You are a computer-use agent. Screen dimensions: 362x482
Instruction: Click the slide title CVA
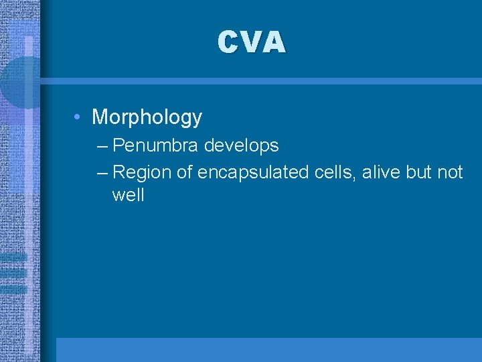pos(251,42)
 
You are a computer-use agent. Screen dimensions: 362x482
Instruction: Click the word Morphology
pos(147,117)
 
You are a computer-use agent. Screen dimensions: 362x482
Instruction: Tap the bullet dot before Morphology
pos(78,118)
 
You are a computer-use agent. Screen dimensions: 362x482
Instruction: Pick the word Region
pos(143,173)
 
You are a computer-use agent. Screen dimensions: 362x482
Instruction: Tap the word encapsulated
pos(254,173)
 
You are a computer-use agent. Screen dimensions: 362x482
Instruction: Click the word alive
pos(378,173)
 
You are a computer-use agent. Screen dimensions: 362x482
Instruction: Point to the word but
pos(419,173)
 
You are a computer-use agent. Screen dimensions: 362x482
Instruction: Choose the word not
pos(450,173)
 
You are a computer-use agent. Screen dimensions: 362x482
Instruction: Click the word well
pos(129,196)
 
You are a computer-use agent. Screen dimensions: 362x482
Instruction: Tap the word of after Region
pos(185,173)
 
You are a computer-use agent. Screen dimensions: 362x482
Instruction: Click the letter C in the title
pos(227,42)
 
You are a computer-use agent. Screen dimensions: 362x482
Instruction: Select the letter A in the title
pos(274,42)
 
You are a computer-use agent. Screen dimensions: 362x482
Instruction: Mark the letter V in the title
pos(250,42)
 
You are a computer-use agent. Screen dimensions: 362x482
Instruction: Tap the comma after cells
pos(356,178)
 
